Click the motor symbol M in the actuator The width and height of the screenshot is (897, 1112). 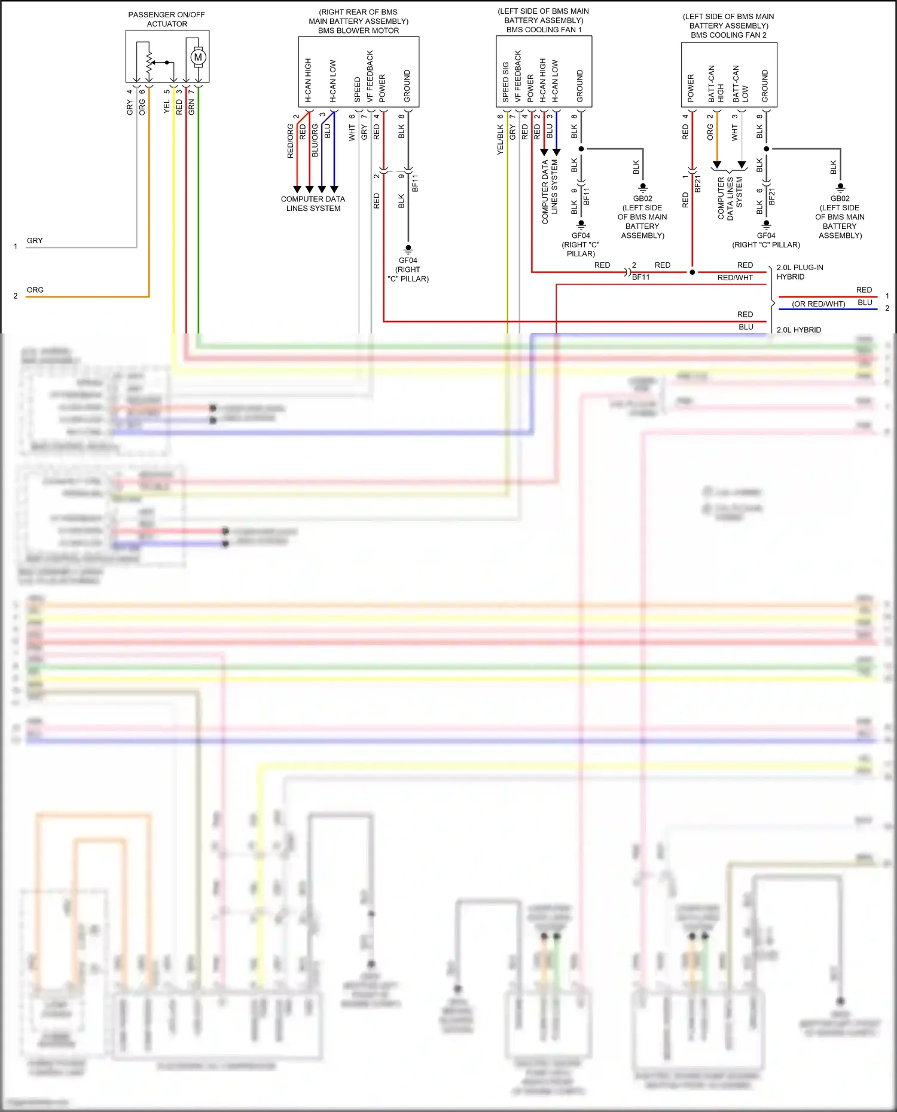point(198,57)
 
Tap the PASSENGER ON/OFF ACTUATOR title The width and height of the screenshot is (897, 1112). point(167,19)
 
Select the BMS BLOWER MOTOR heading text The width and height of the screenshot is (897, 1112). point(358,30)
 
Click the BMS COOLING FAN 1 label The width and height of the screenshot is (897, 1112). point(544,29)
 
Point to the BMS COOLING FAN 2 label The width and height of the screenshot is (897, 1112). point(728,35)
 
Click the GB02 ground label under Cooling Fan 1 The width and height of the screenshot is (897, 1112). point(643,198)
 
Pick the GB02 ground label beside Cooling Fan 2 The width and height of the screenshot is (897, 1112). point(840,198)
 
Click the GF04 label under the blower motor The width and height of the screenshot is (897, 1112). point(408,260)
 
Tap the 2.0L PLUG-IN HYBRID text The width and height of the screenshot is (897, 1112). point(800,272)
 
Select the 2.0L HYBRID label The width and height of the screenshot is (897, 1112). point(798,330)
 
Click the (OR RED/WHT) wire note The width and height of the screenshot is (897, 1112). point(818,304)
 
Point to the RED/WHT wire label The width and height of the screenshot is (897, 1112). point(735,277)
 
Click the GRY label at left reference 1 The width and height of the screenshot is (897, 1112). point(35,240)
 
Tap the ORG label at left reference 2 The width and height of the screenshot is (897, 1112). point(35,290)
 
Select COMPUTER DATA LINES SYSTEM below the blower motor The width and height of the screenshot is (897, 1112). point(313,204)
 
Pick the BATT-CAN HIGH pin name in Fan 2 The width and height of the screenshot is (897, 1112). point(716,84)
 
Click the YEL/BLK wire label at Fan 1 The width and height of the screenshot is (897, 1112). point(501,140)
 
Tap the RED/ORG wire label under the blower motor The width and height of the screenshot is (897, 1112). point(291,141)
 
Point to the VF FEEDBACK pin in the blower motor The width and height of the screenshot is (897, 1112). point(370,76)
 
